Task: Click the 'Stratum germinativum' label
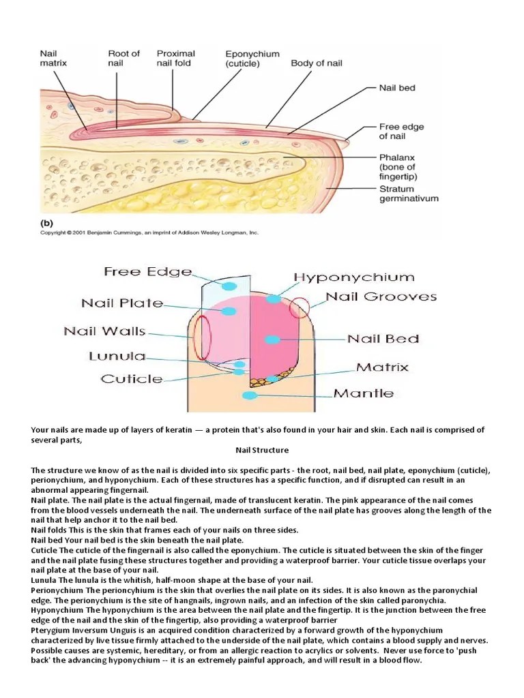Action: coord(409,194)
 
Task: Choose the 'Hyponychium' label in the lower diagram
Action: coord(353,278)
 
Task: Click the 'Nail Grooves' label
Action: coord(381,297)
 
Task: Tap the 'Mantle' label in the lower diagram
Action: coord(364,393)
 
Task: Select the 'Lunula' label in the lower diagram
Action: coord(117,356)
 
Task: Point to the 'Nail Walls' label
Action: coord(105,331)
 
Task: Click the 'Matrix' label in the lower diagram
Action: coord(382,367)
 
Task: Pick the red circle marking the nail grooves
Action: coord(299,307)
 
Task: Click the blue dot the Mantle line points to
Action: coord(250,395)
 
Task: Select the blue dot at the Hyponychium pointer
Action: coord(274,299)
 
